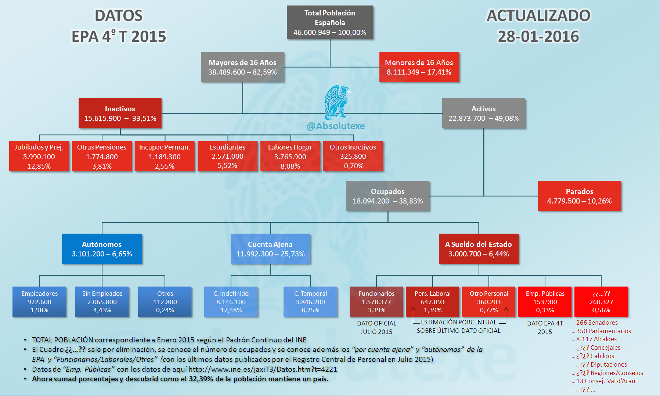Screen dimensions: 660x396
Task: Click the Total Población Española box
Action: pos(330,22)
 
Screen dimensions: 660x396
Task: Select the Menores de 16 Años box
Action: pos(419,67)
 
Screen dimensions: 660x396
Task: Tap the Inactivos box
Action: pos(120,113)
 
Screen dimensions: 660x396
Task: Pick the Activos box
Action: pos(484,113)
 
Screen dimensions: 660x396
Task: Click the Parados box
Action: pos(580,196)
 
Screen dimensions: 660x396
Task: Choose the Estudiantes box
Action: pos(227,156)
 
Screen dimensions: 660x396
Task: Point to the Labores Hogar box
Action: pos(290,156)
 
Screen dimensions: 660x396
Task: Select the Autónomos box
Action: pos(102,249)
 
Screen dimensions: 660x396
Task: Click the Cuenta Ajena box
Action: pos(270,249)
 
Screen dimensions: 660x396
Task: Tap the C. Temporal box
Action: pos(310,302)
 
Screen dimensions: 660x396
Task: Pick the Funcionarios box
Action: pos(376,302)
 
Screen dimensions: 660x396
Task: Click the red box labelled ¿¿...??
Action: pos(601,302)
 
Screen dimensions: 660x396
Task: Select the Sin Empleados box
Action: pos(102,302)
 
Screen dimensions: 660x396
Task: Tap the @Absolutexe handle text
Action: pos(336,126)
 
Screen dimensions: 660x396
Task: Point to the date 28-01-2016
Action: pos(538,36)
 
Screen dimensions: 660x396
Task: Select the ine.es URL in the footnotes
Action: pos(263,369)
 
